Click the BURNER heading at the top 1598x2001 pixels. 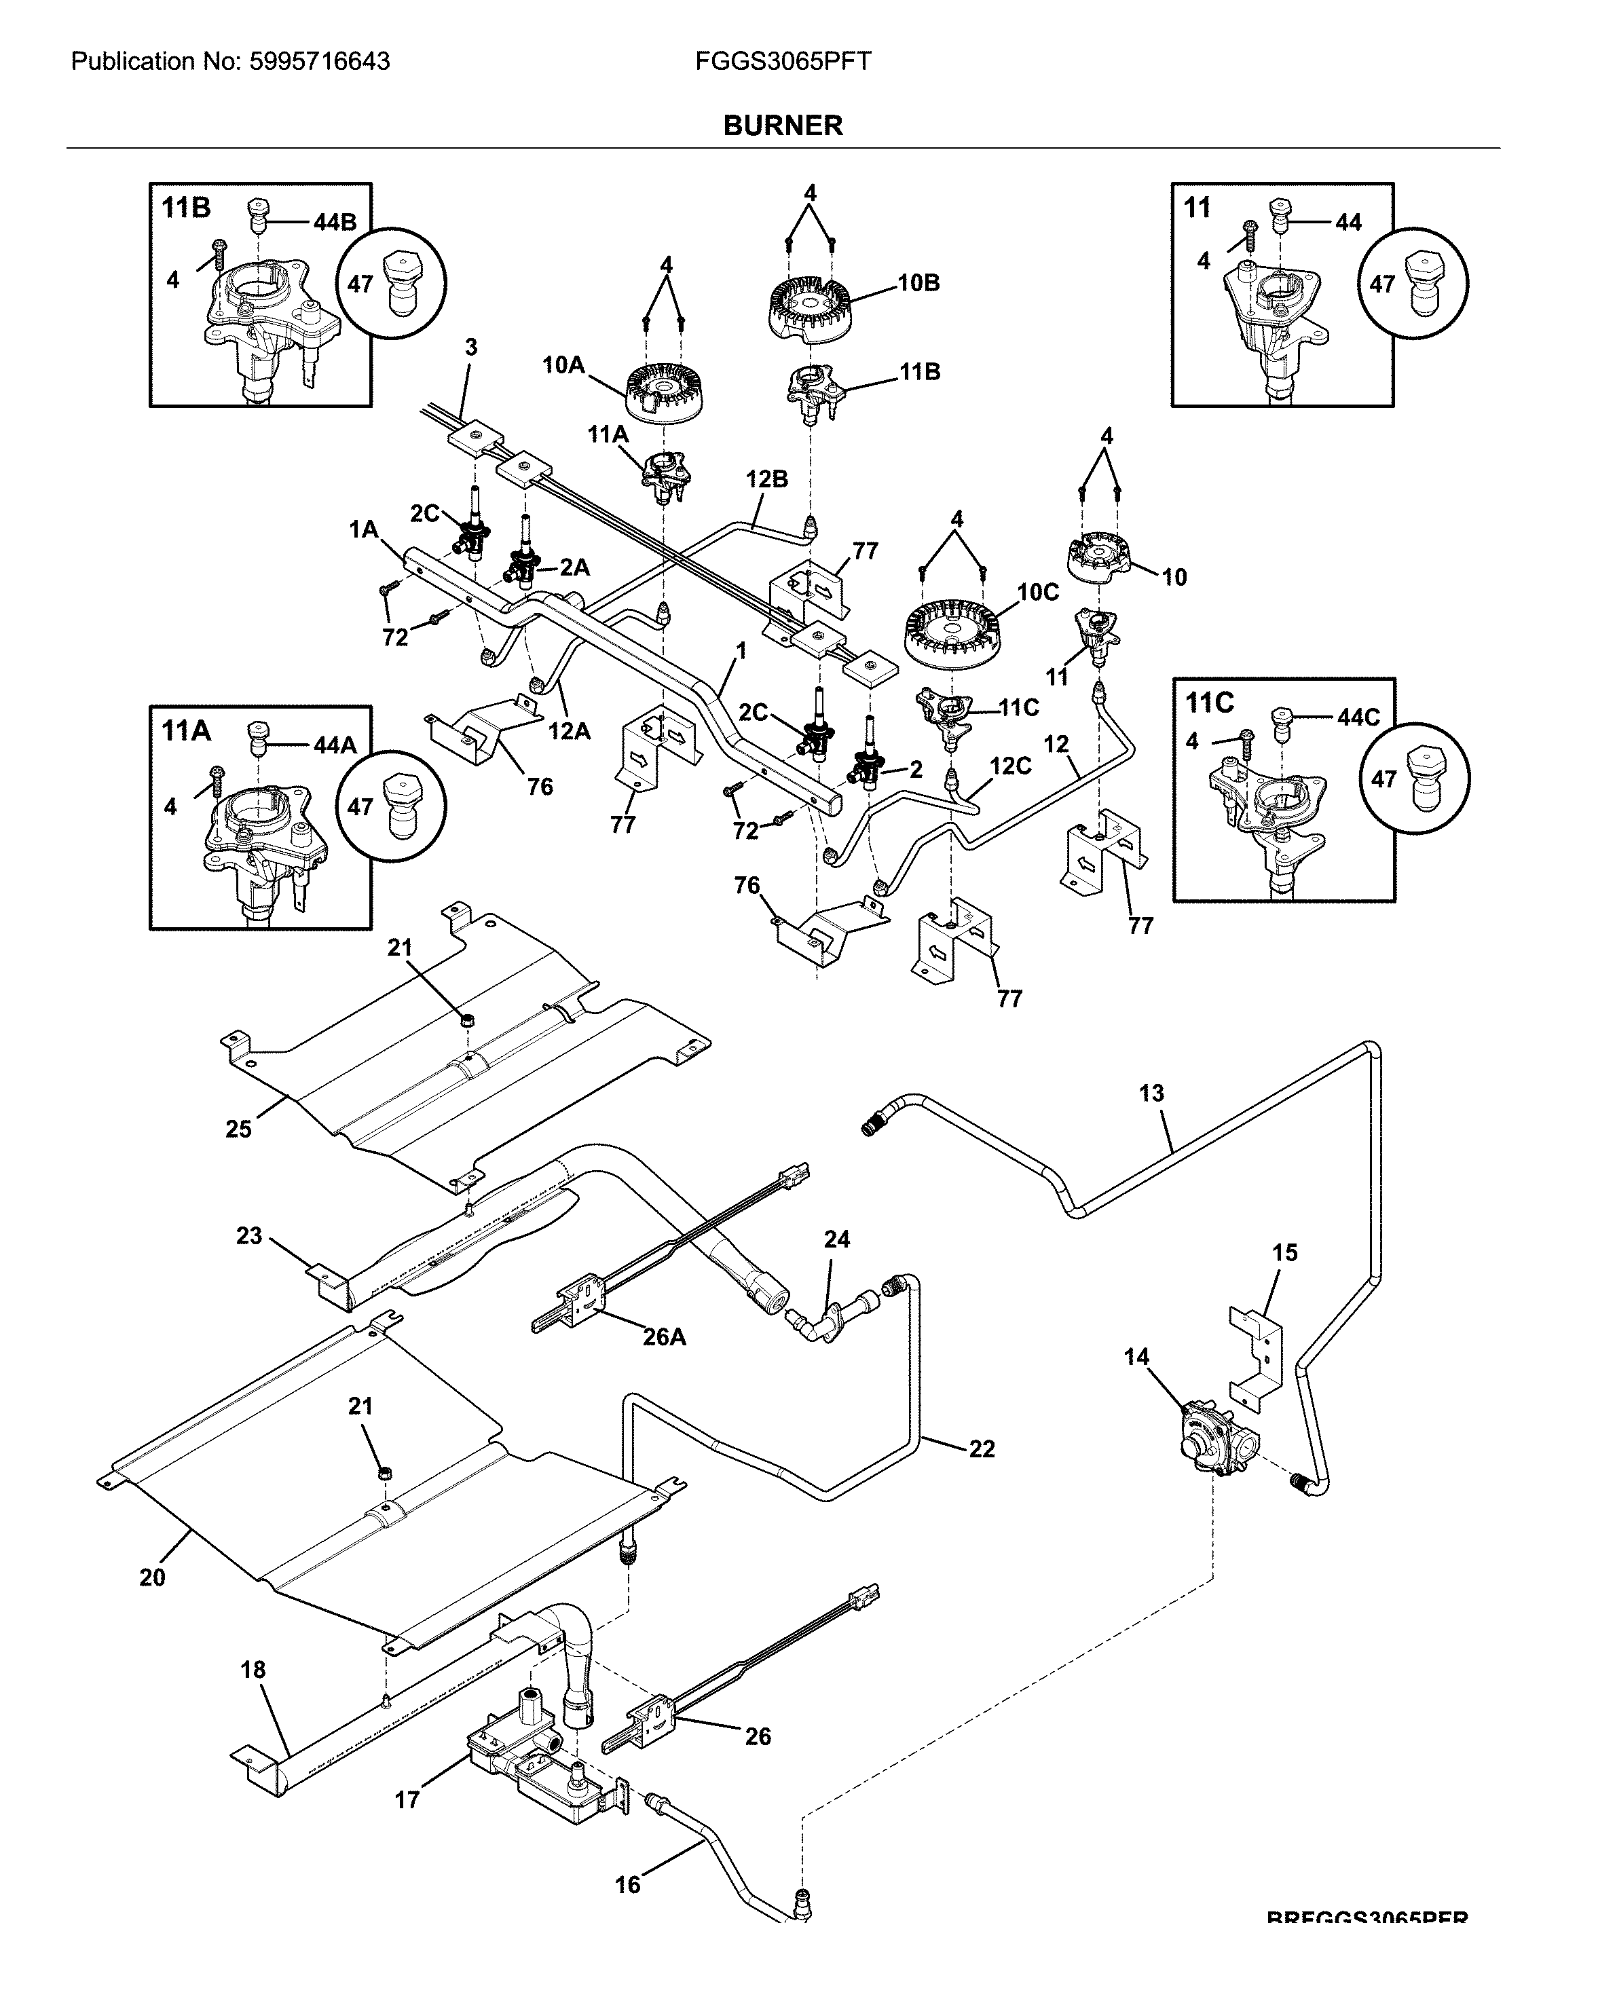click(x=782, y=126)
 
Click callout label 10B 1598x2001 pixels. click(x=918, y=283)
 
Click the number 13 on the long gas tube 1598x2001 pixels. click(x=1151, y=1093)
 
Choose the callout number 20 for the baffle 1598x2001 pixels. click(x=152, y=1577)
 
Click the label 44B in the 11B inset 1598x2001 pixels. click(x=334, y=222)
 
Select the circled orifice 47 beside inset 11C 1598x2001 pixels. click(x=1413, y=778)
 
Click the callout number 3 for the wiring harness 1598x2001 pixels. click(x=470, y=347)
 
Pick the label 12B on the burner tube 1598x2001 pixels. click(x=766, y=479)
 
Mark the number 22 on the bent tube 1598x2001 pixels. click(x=982, y=1448)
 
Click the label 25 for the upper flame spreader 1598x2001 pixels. click(x=238, y=1129)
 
